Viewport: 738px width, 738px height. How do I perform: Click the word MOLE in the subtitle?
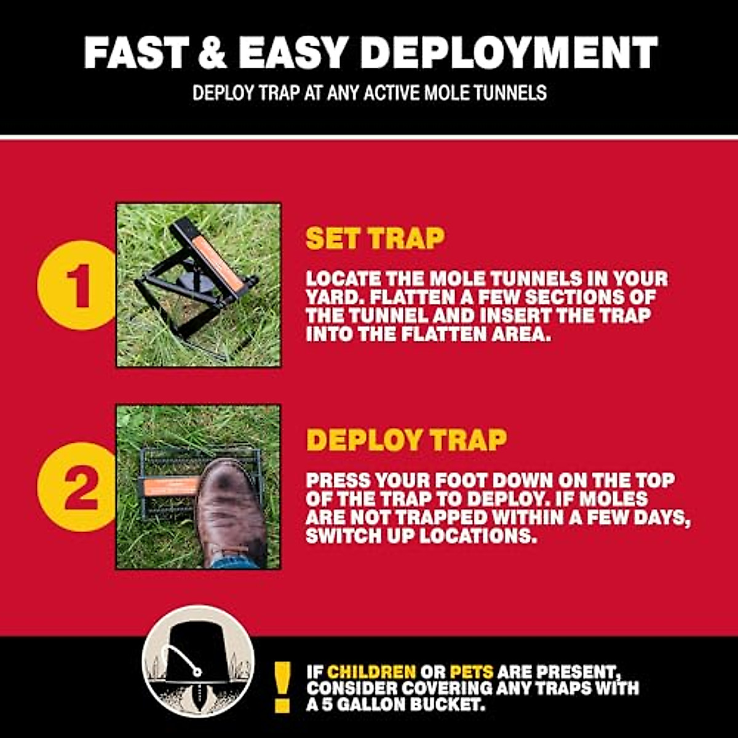pos(434,93)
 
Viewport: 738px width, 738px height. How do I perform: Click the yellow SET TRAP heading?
pos(375,239)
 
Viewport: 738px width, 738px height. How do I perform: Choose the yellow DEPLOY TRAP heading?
pos(407,440)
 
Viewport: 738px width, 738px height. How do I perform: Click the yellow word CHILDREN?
pos(371,671)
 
